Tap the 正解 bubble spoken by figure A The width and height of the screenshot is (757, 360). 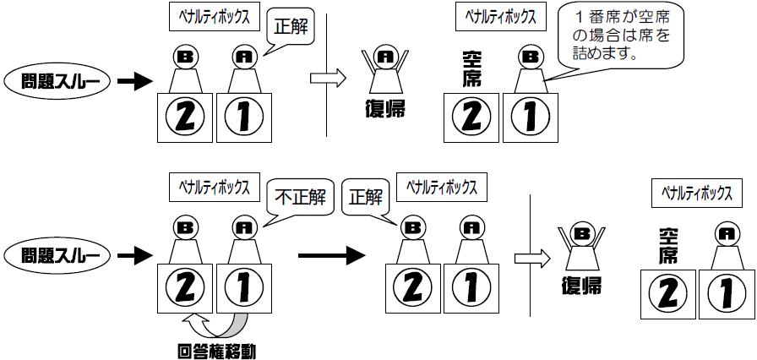[291, 28]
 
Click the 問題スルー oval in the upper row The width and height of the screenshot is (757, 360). [58, 82]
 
